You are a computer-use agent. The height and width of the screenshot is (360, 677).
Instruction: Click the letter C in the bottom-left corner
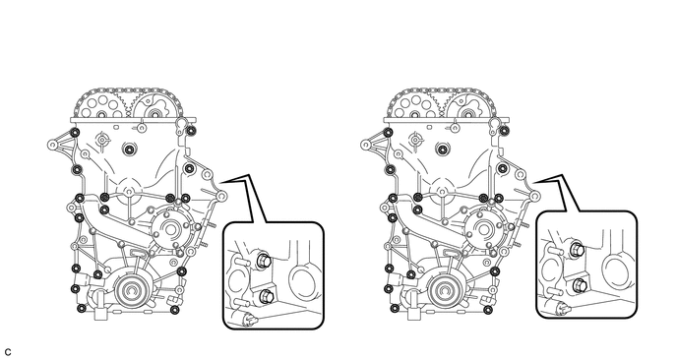click(8, 353)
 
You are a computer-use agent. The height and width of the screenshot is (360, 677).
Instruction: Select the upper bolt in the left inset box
click(263, 261)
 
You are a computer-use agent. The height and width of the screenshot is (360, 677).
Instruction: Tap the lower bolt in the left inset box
click(264, 296)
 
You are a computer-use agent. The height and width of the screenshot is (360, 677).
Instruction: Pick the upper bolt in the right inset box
click(577, 250)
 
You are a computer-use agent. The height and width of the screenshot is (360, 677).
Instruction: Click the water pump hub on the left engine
click(169, 227)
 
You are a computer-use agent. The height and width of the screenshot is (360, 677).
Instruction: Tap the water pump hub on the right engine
click(483, 227)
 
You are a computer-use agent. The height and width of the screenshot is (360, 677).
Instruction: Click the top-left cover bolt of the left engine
click(75, 132)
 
